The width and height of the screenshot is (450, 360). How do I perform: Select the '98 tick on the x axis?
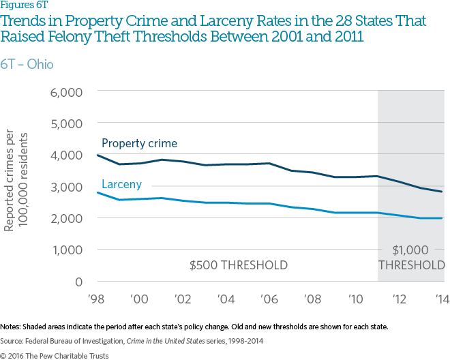98,299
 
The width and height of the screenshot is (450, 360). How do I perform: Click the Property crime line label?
139,143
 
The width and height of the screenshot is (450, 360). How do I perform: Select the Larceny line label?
122,184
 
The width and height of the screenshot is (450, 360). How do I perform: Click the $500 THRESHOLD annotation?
238,265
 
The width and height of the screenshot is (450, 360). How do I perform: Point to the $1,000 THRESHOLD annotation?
411,258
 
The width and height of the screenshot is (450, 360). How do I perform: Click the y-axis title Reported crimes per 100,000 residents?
16,187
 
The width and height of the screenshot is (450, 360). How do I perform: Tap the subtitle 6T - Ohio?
27,64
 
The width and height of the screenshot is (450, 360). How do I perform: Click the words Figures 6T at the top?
20,5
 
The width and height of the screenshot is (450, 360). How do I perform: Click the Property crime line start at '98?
98,155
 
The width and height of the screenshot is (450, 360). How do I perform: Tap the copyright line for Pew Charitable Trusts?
52,355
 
